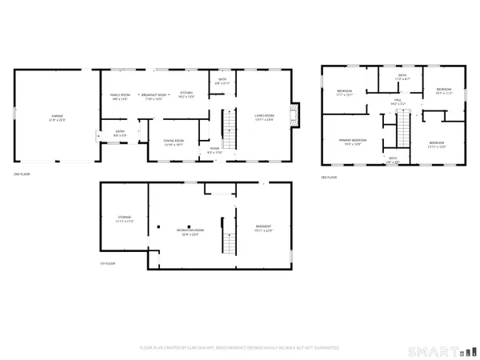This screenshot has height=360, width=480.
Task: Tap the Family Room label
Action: click(119, 96)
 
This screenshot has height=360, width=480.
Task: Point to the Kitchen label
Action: click(186, 95)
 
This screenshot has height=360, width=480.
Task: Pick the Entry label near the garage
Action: click(119, 134)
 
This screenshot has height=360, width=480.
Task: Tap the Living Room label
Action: click(266, 118)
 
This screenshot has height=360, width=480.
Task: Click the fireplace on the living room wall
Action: click(297, 113)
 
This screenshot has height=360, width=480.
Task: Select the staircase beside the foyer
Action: click(230, 130)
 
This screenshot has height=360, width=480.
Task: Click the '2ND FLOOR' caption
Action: click(22, 173)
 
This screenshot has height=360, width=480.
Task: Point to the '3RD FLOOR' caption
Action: click(329, 176)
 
